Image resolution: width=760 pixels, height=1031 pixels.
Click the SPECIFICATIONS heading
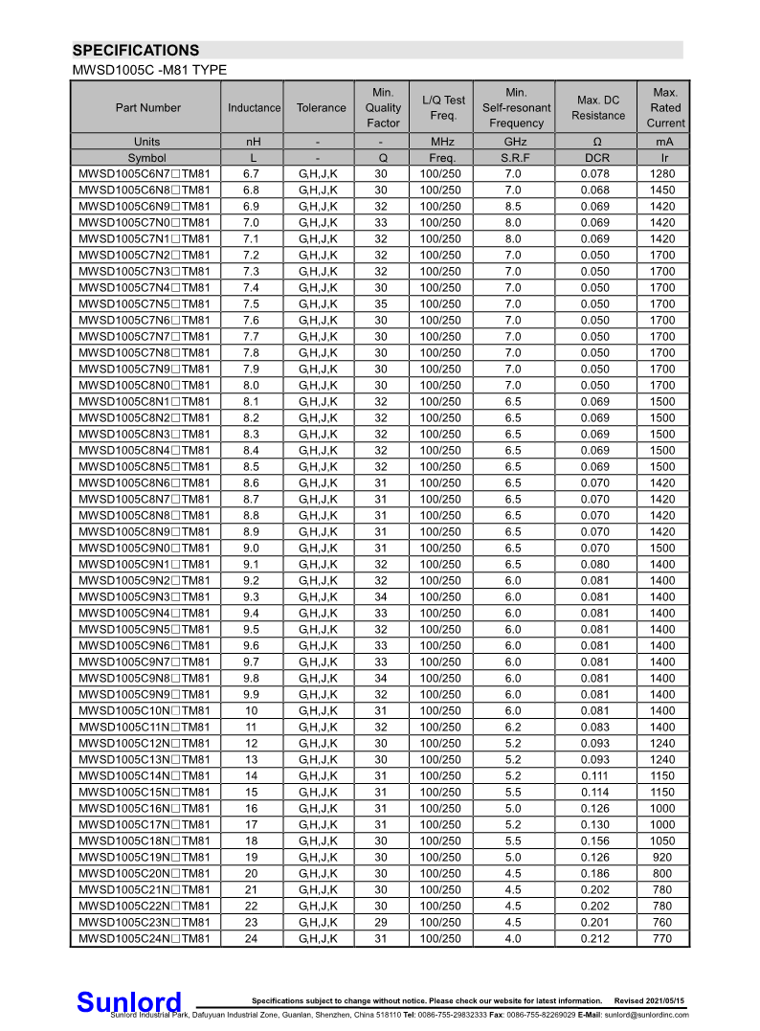click(136, 51)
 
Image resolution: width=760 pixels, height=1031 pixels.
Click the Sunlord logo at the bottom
click(128, 1001)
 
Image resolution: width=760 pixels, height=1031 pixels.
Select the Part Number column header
click(147, 108)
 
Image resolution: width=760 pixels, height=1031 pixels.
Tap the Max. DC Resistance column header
click(598, 108)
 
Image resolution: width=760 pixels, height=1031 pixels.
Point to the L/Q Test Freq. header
click(443, 108)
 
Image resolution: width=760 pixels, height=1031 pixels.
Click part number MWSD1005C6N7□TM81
click(145, 173)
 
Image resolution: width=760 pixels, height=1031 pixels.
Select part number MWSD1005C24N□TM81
click(145, 938)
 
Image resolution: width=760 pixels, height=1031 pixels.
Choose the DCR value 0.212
click(598, 938)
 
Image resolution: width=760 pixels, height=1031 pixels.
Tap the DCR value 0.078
click(598, 173)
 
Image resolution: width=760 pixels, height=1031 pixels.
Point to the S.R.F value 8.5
click(513, 206)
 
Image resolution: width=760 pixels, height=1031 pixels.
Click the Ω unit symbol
click(598, 142)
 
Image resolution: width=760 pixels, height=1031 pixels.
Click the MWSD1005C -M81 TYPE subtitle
click(149, 71)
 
